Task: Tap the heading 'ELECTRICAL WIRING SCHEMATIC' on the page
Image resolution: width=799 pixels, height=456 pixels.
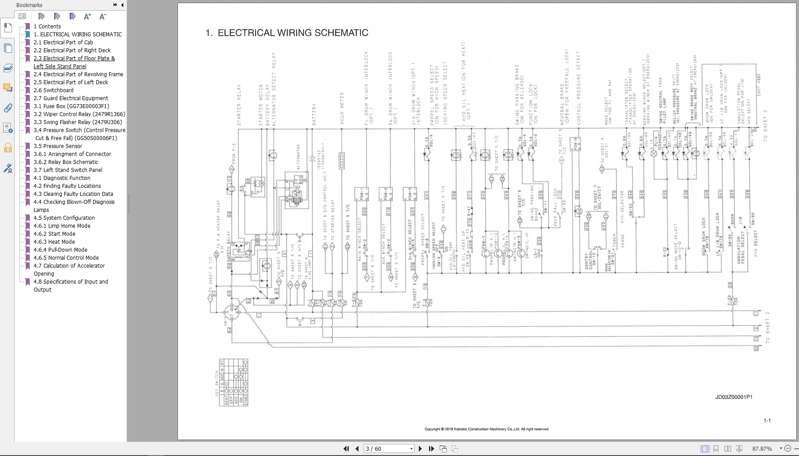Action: (x=292, y=33)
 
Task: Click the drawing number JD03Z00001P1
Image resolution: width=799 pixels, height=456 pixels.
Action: (x=734, y=397)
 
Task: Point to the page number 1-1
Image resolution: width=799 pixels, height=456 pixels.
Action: (x=767, y=421)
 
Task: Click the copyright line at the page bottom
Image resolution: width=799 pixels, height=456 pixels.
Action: (x=487, y=429)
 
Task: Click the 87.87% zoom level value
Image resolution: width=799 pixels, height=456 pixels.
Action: (x=762, y=448)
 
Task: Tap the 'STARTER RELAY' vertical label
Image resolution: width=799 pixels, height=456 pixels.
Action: (x=239, y=105)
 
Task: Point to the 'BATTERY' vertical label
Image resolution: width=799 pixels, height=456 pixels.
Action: (x=314, y=114)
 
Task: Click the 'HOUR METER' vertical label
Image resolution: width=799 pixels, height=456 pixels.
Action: (x=342, y=108)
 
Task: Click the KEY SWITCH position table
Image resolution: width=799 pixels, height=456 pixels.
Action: (x=233, y=382)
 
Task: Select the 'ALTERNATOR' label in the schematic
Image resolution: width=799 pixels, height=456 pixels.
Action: (x=298, y=157)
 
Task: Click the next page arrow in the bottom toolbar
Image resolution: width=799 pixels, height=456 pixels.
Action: (x=420, y=448)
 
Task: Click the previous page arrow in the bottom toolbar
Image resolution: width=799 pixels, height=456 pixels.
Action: (x=357, y=448)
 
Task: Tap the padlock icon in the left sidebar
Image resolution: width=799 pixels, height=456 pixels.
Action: (x=8, y=148)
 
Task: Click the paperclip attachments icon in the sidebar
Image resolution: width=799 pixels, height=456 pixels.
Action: (x=8, y=108)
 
